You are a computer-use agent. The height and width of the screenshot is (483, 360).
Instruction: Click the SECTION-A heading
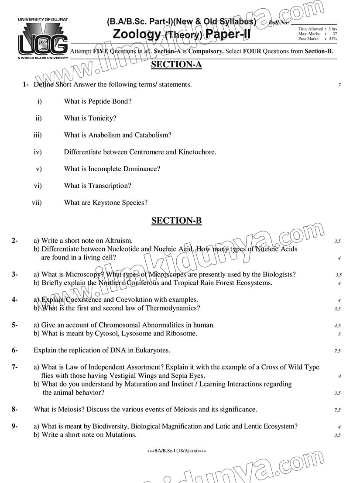pos(176,65)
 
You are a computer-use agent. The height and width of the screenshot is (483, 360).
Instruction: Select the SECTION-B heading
pos(176,221)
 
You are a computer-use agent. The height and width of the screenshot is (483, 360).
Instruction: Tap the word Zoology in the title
pos(137,34)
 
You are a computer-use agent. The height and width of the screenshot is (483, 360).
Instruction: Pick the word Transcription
pos(110,186)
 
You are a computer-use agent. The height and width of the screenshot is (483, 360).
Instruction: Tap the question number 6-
pos(14,350)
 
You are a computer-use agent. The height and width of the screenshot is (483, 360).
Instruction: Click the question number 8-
pos(14,409)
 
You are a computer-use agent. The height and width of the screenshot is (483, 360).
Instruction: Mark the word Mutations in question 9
pos(122,435)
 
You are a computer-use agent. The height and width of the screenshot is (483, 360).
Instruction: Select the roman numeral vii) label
pos(37,203)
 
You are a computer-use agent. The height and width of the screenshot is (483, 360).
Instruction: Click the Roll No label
pos(279,22)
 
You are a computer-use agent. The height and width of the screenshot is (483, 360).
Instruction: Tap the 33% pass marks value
pos(333,39)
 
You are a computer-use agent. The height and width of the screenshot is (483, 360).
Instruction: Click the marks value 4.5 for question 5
pos(337,326)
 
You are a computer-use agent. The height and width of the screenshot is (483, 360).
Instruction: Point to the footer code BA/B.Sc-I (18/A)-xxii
pos(177,451)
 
